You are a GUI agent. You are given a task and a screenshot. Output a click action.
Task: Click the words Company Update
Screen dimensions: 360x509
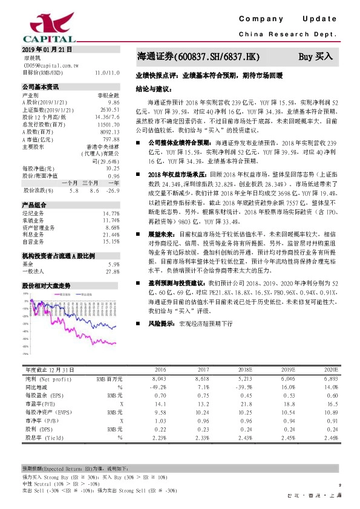[x=291, y=18]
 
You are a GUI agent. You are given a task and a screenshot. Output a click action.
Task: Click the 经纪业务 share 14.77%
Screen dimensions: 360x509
[x=111, y=213]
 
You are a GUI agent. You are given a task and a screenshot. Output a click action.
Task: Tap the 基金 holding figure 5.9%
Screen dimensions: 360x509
[x=114, y=265]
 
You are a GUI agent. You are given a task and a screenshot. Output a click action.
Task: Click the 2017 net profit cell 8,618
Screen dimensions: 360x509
[x=200, y=378]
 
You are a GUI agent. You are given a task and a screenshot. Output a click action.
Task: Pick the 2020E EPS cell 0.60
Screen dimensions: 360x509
[x=330, y=395]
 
